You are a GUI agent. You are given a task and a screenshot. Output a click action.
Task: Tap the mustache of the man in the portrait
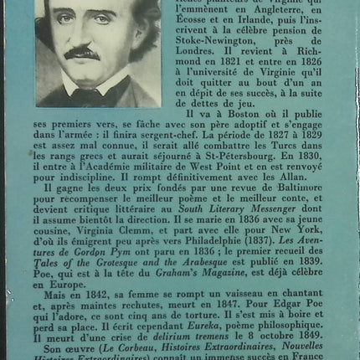(80, 53)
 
